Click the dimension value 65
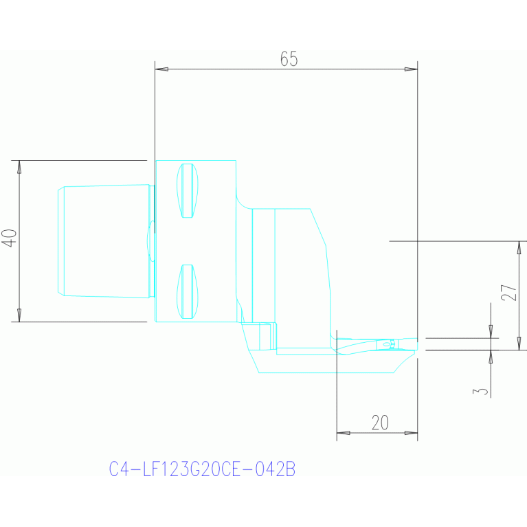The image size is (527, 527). (289, 59)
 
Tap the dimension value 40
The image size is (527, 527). (10, 238)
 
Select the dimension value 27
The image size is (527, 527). (508, 293)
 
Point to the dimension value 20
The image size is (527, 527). (380, 423)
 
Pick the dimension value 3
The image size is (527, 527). (480, 391)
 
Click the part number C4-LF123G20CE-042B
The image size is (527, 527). (202, 469)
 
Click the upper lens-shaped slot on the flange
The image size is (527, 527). (187, 190)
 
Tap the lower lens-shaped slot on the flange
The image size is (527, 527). (187, 291)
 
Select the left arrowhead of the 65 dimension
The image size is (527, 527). (161, 69)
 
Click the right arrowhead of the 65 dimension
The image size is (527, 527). (411, 69)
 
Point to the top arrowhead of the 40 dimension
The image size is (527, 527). (19, 167)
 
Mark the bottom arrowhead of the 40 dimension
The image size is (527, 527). (19, 315)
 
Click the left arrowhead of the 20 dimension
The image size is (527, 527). (344, 433)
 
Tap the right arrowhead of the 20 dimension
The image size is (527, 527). (411, 433)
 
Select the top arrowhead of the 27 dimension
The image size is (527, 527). (519, 248)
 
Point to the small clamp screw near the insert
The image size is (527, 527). (388, 344)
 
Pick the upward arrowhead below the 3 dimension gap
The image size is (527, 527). (491, 357)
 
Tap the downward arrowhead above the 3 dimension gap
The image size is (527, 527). (491, 331)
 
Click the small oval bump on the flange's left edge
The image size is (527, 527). (151, 241)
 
